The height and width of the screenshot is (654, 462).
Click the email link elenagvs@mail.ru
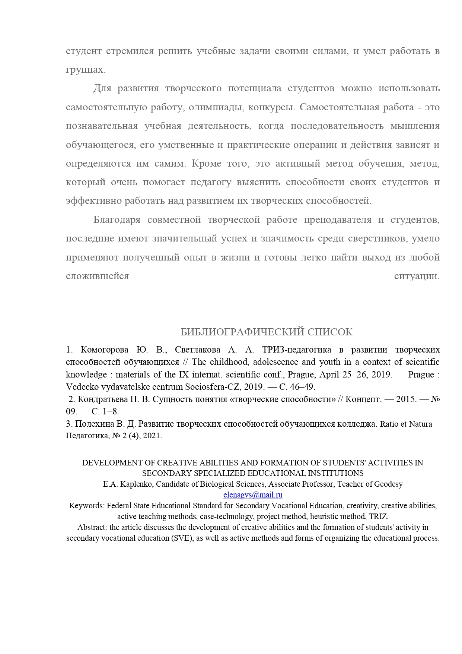[253, 495]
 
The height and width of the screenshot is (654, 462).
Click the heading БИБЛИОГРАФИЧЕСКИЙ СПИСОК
[267, 332]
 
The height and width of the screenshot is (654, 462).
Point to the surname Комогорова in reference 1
[104, 350]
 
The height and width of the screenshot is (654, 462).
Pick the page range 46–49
[302, 386]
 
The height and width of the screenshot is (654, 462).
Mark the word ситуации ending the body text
[417, 276]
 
